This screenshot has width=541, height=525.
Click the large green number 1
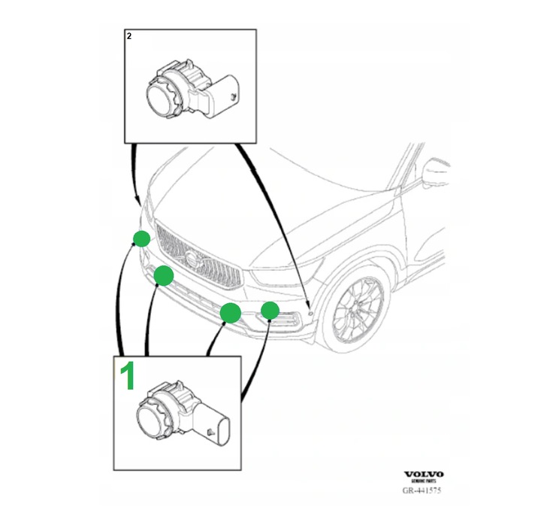pyautogui.click(x=128, y=375)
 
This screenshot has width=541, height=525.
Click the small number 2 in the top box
pyautogui.click(x=130, y=36)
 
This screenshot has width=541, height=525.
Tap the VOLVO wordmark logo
pyautogui.click(x=424, y=474)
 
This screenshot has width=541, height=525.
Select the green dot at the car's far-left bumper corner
pyautogui.click(x=141, y=239)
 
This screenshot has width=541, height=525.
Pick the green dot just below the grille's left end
pyautogui.click(x=164, y=277)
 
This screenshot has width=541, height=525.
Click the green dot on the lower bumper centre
pyautogui.click(x=230, y=312)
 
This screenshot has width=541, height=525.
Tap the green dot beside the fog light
pyautogui.click(x=270, y=310)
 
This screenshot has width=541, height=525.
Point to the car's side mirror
pyautogui.click(x=435, y=174)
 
